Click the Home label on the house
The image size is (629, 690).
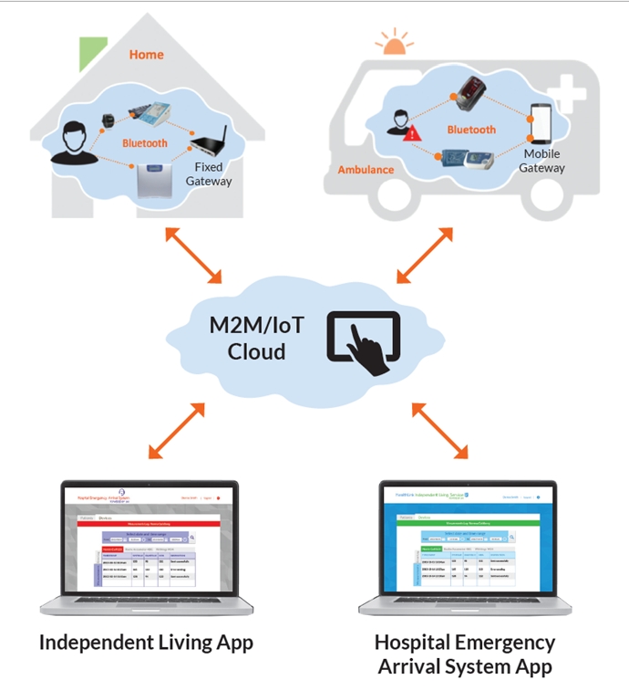click(x=146, y=55)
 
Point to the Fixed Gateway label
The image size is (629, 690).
click(x=209, y=174)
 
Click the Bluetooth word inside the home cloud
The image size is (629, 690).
click(x=145, y=143)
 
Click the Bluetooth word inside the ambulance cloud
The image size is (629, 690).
click(x=471, y=130)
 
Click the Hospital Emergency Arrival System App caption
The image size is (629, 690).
click(x=465, y=653)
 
